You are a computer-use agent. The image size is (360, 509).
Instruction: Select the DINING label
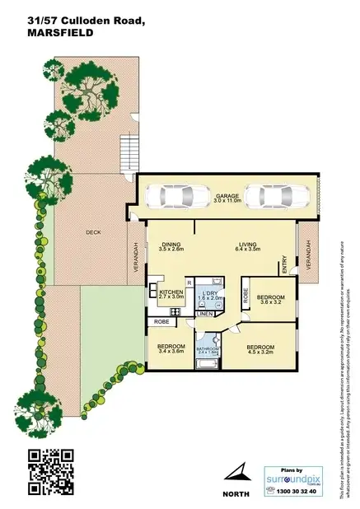click(171, 244)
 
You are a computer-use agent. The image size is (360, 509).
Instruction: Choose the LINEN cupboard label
click(205, 314)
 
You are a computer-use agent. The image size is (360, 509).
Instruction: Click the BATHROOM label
click(207, 349)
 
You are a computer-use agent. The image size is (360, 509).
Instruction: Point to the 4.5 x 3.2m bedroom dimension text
click(260, 352)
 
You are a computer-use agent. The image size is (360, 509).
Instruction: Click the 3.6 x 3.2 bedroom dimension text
click(271, 303)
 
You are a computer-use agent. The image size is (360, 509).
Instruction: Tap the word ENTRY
click(285, 264)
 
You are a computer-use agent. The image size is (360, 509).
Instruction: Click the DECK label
click(93, 232)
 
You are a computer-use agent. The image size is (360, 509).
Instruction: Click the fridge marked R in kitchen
click(189, 283)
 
